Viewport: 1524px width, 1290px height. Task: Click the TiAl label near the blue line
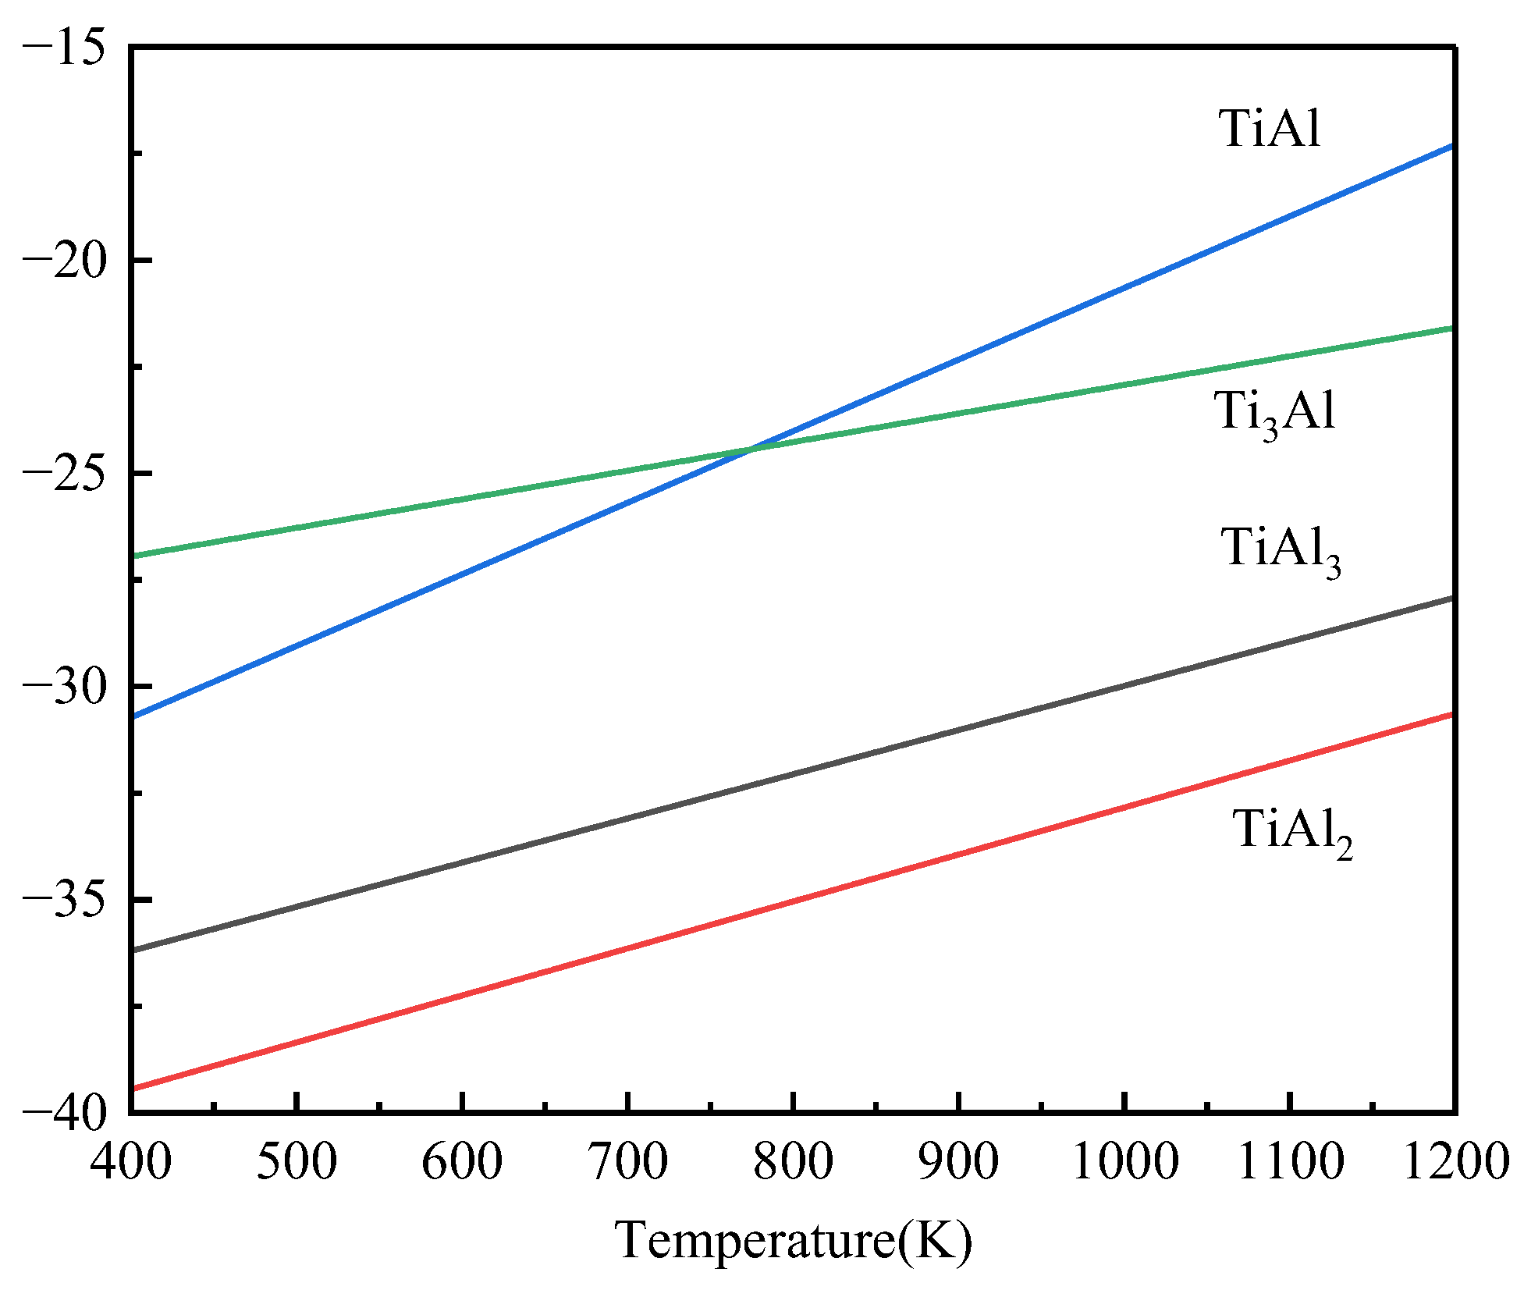pos(1270,128)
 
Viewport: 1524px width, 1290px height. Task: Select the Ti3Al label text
pos(1274,412)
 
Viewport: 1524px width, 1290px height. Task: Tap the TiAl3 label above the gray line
pos(1281,549)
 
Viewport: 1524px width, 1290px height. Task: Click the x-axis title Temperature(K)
pos(794,1239)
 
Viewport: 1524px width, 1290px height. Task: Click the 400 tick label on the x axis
pos(131,1160)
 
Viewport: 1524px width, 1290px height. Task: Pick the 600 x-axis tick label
pos(462,1160)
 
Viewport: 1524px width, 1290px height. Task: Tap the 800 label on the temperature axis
pos(793,1160)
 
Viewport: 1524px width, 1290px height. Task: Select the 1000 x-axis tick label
pos(1124,1160)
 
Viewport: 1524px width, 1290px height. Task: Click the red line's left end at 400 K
pos(134,1088)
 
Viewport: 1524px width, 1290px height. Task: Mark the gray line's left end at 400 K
pos(134,950)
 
